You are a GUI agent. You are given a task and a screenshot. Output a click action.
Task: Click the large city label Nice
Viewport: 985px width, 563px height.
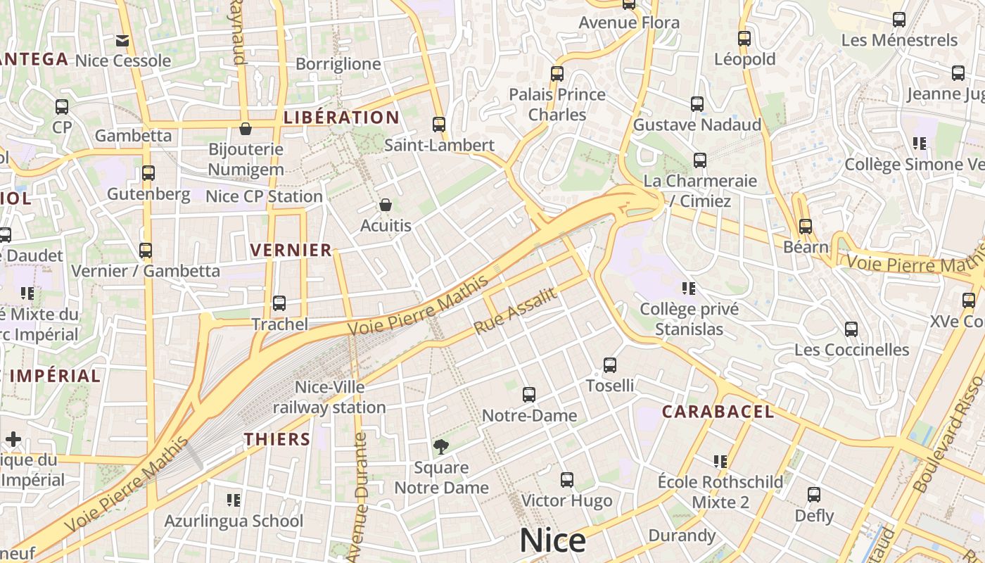pos(552,540)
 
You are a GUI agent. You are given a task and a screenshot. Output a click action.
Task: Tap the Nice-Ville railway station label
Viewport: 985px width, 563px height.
pos(329,397)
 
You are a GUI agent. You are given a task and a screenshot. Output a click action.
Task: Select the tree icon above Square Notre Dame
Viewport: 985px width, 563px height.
pos(441,446)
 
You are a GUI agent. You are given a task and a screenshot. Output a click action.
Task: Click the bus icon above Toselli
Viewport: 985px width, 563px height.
pos(610,365)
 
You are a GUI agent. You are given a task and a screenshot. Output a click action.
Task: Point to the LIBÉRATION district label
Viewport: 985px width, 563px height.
pos(341,118)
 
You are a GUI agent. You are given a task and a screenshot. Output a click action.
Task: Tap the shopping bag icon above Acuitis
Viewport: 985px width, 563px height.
pos(385,205)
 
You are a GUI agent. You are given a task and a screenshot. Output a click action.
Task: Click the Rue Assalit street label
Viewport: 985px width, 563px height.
pos(516,311)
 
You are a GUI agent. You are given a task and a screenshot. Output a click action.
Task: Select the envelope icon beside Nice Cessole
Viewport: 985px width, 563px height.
pos(122,41)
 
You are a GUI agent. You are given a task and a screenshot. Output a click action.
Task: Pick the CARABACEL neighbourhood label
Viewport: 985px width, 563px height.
pos(718,412)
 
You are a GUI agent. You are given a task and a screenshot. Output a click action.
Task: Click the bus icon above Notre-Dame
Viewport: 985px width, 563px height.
pos(529,395)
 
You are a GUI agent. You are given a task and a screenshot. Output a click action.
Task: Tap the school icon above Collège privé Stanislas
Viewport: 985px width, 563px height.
pos(689,288)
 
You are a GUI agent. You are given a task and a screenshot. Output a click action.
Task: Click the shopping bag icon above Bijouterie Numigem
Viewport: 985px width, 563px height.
pos(246,129)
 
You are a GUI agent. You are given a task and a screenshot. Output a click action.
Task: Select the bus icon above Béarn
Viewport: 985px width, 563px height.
pos(806,227)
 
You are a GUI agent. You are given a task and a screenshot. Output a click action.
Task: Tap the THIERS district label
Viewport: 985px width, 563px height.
pos(277,439)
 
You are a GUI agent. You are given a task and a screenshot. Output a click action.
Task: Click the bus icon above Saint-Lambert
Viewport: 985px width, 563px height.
pos(439,125)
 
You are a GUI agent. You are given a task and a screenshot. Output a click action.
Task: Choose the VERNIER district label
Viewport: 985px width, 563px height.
pos(291,250)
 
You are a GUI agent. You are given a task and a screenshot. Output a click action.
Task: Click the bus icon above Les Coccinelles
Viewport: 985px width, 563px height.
pos(851,329)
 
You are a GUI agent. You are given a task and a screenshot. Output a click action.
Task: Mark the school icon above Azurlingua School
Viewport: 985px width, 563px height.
pos(234,500)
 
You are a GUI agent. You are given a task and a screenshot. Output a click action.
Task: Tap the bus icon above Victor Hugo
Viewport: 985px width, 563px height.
pos(567,480)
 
